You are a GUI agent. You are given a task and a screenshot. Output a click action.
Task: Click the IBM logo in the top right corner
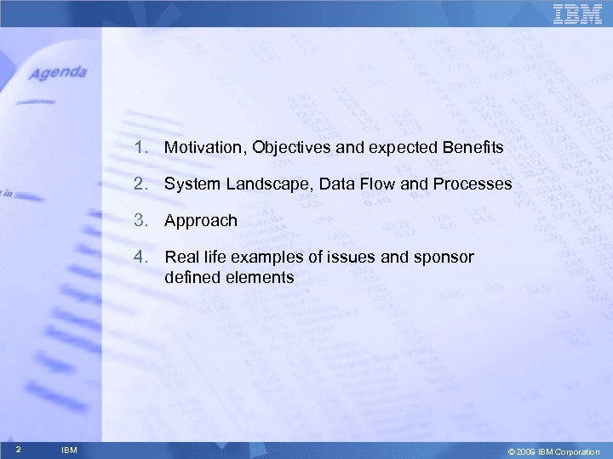(x=577, y=14)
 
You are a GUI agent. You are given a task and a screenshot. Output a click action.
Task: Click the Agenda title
(x=59, y=73)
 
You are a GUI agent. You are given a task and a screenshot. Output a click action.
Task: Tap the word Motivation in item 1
(x=201, y=148)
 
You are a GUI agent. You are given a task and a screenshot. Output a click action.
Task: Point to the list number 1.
(x=139, y=148)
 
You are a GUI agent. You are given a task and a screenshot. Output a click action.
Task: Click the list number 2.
(x=139, y=184)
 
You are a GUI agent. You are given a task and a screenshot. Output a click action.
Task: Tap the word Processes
(x=474, y=184)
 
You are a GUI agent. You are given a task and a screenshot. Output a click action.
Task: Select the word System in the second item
(x=188, y=184)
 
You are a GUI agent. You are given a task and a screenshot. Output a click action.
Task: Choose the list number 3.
(x=139, y=220)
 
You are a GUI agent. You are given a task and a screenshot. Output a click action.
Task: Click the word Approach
(x=201, y=220)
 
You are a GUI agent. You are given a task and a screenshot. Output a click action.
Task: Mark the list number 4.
(x=139, y=257)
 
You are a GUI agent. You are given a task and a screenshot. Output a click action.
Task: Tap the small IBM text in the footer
(x=70, y=450)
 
